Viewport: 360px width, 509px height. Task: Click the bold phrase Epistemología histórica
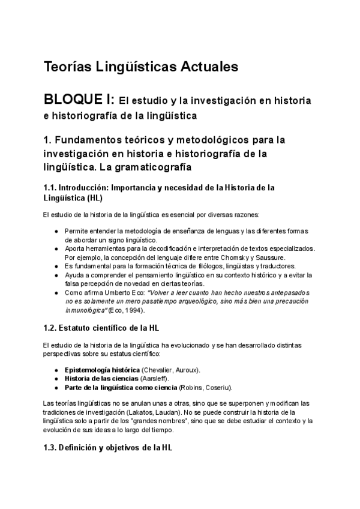(x=93, y=370)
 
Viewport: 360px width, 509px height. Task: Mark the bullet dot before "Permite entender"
(x=56, y=231)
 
